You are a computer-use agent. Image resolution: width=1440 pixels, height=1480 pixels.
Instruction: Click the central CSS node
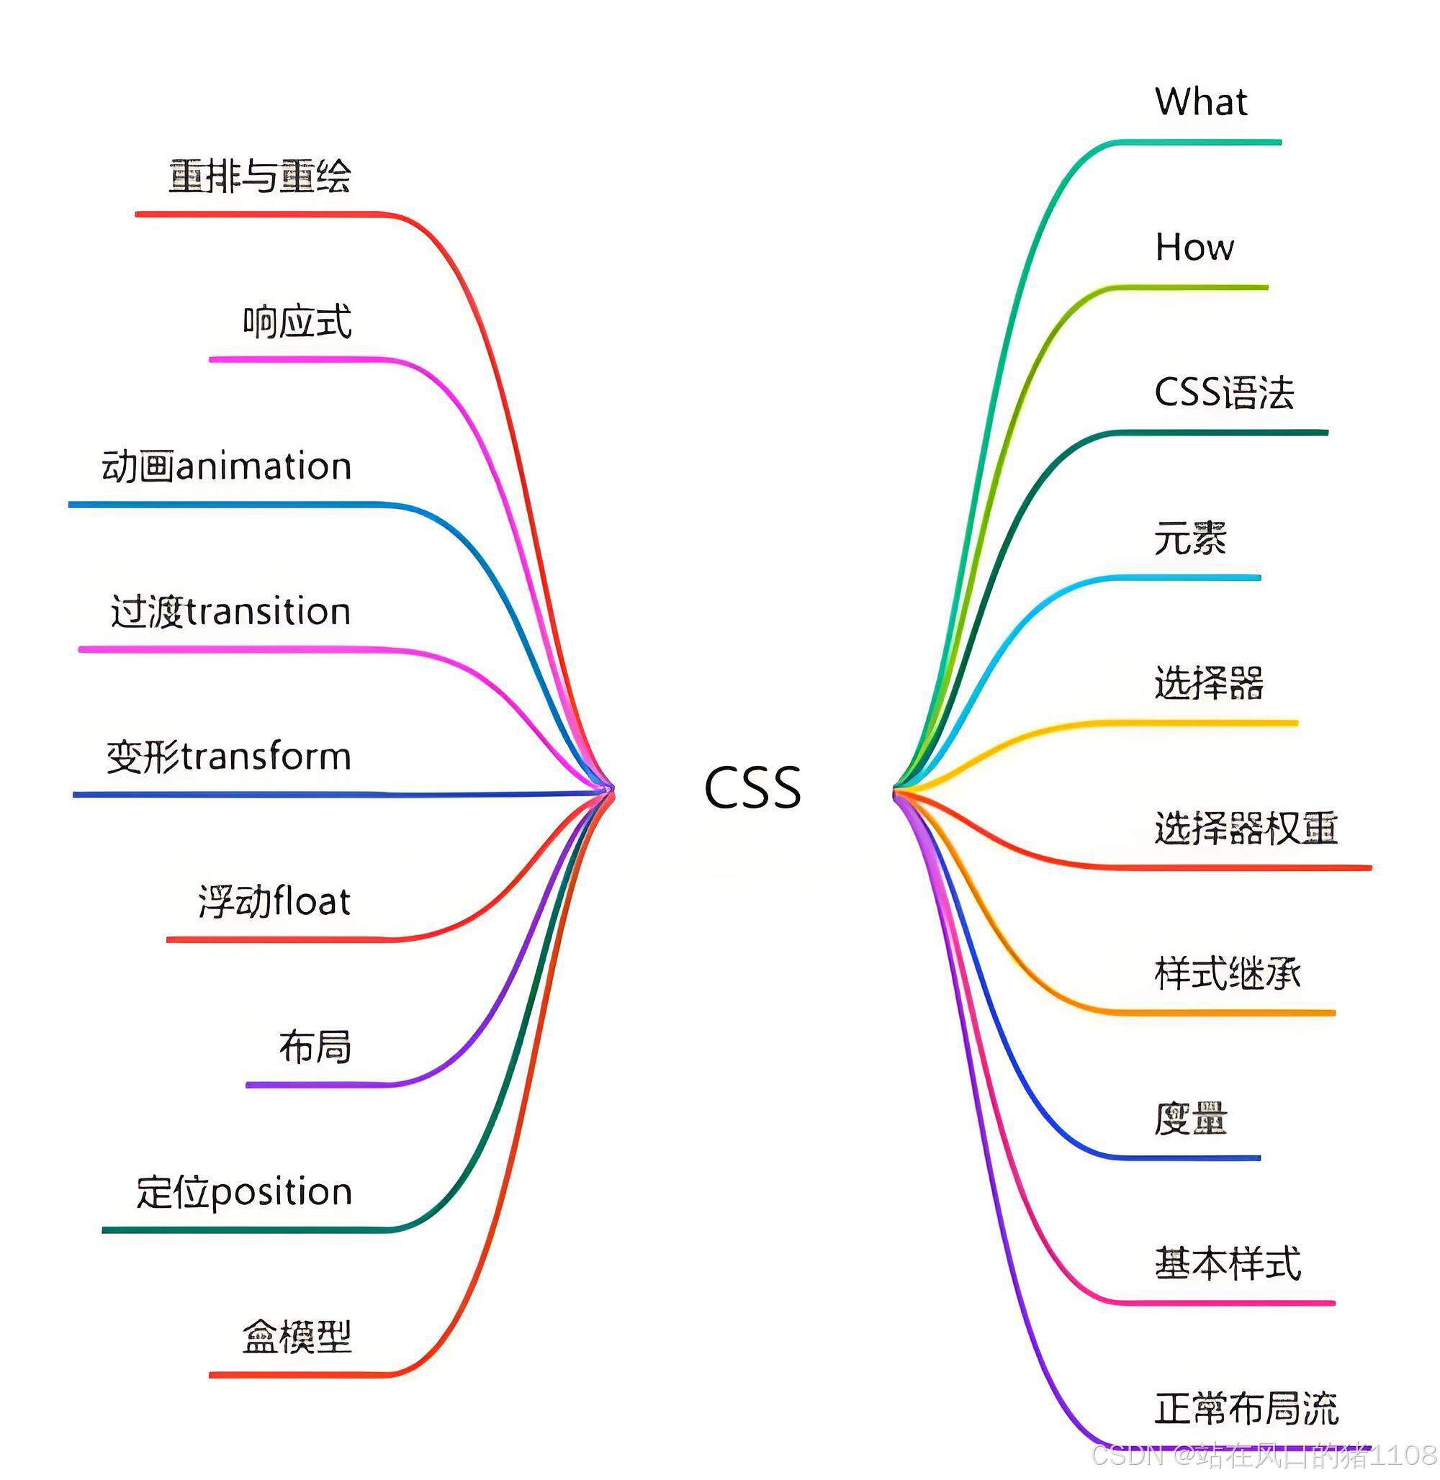(x=752, y=788)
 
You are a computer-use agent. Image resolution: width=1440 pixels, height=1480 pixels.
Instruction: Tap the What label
(x=1201, y=102)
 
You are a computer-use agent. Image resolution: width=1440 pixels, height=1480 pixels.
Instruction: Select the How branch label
(x=1194, y=248)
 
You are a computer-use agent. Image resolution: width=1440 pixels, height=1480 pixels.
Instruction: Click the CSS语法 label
(x=1224, y=393)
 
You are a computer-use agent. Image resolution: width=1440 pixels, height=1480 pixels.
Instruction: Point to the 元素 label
(x=1189, y=538)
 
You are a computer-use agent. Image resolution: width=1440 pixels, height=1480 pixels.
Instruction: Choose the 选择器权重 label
(x=1246, y=828)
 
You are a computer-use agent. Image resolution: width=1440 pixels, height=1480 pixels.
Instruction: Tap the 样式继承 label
(x=1227, y=973)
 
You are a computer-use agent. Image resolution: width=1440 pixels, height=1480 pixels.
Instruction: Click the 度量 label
(x=1189, y=1119)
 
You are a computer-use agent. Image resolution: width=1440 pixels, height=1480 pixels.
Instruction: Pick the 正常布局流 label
(x=1246, y=1409)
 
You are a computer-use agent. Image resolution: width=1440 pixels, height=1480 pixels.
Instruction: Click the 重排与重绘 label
(x=259, y=176)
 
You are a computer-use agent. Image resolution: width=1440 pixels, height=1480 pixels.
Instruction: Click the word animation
(x=264, y=466)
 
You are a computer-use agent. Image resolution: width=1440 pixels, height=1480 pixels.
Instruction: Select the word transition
(x=269, y=612)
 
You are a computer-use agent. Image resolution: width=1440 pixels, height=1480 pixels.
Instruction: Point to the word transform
(x=267, y=757)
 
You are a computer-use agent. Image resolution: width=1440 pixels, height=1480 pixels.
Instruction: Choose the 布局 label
(x=315, y=1047)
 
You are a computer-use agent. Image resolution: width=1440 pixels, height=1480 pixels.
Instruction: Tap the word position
(x=282, y=1193)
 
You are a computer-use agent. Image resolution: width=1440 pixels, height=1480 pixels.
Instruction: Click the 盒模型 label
(x=297, y=1337)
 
